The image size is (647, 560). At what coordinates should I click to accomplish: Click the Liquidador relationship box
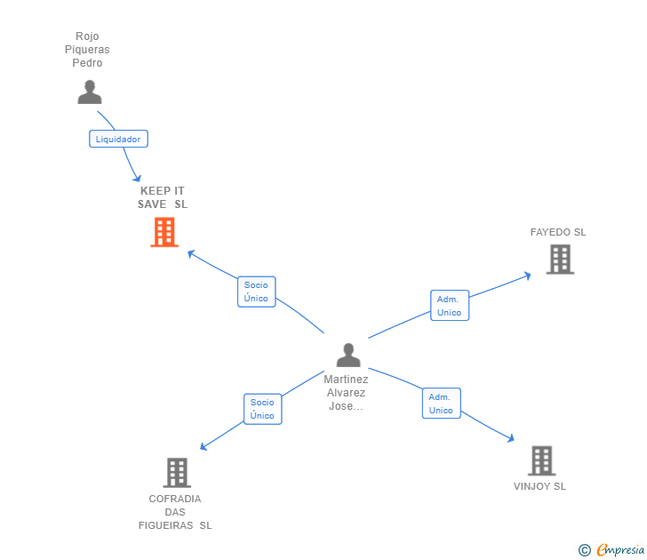pos(118,139)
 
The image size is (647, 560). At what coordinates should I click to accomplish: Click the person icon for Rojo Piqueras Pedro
pos(90,92)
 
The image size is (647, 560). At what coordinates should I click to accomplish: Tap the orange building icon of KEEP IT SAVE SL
pos(164,232)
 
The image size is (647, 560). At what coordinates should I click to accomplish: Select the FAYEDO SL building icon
pos(560,260)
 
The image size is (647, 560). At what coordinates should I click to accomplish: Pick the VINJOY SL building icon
pos(542,460)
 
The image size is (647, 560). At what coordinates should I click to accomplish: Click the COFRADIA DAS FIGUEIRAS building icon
pos(177,473)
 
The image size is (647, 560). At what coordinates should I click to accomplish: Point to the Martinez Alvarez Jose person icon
pos(348,355)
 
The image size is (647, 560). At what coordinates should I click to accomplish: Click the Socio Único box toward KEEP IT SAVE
pos(256,292)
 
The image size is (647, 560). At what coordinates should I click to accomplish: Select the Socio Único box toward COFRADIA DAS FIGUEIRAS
pos(262,409)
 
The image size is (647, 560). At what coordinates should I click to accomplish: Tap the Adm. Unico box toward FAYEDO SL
pos(450,306)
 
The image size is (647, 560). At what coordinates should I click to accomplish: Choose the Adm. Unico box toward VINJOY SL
pos(441,404)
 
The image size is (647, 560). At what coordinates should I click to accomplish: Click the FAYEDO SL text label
pos(558,232)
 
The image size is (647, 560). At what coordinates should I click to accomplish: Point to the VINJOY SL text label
pos(539,486)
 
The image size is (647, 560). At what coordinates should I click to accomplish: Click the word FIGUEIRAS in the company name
pos(166,525)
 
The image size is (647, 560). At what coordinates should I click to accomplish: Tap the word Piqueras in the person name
pos(87,50)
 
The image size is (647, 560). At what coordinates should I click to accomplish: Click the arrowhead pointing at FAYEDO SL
pos(527,276)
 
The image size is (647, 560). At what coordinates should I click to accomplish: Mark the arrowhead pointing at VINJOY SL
pos(510,438)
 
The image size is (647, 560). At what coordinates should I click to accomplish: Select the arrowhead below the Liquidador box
pos(137,179)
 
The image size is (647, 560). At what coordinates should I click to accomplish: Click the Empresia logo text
pos(620,549)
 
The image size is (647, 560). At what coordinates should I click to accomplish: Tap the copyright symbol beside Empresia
pos(584,550)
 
